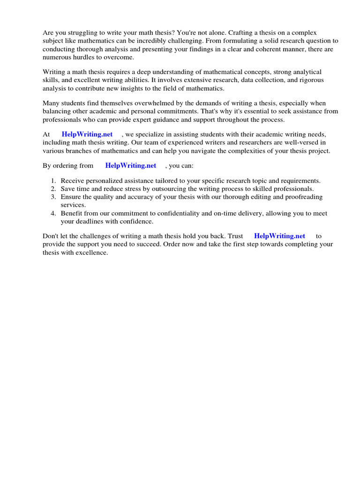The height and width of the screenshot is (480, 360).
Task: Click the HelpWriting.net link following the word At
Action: point(87,135)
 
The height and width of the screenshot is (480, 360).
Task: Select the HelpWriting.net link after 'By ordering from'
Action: point(130,165)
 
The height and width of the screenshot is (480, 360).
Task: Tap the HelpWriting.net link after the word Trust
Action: point(279,236)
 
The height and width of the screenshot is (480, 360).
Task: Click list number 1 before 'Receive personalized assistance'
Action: point(53,181)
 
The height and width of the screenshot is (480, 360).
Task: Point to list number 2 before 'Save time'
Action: point(53,189)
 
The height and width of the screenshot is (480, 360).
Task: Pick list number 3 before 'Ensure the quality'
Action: point(53,197)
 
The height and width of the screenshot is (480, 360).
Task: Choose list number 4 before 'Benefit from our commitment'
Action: point(53,213)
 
